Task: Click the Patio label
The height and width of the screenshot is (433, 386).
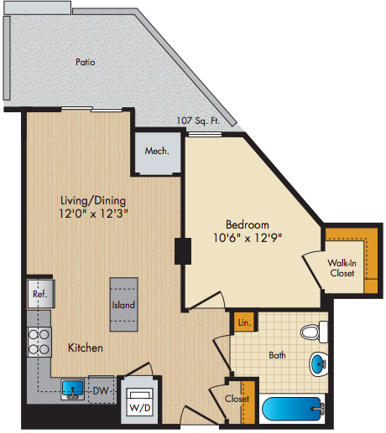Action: tap(86, 62)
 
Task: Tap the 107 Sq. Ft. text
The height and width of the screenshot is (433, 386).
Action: tap(198, 121)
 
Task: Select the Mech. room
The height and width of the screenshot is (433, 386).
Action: tap(158, 152)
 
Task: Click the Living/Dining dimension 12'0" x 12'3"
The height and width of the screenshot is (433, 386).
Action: tap(93, 214)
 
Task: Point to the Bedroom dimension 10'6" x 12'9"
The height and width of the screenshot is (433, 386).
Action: tap(248, 238)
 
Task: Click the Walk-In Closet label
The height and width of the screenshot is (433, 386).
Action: tap(342, 268)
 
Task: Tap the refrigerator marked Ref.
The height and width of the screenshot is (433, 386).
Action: tap(41, 294)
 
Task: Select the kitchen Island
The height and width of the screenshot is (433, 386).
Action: tap(123, 304)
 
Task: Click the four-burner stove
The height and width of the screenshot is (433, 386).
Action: tap(39, 342)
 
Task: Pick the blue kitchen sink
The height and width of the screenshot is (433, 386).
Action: tap(73, 389)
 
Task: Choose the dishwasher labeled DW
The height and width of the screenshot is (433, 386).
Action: tap(102, 390)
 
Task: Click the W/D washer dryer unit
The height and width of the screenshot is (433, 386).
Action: tap(140, 402)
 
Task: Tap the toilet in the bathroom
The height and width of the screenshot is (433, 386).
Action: tap(315, 332)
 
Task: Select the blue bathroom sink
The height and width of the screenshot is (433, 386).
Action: tap(319, 364)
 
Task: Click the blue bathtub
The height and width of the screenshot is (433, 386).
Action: tap(293, 409)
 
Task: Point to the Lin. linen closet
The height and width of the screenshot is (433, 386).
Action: tap(244, 322)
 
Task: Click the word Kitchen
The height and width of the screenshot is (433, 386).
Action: tap(86, 348)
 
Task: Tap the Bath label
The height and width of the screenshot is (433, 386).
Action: tap(277, 355)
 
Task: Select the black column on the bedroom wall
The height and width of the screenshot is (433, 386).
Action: tap(183, 251)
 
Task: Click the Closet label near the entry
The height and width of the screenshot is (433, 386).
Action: tap(237, 399)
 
